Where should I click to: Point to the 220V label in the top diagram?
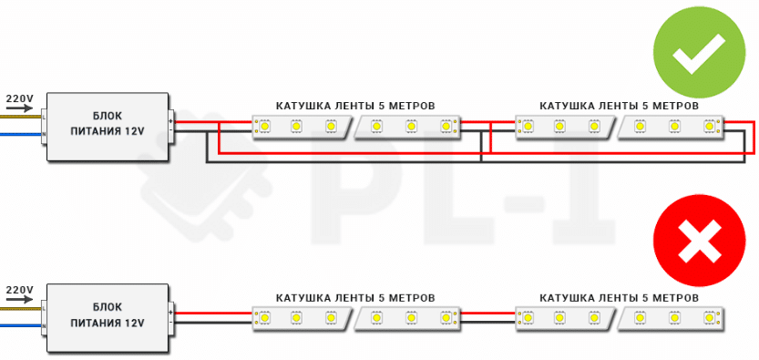point(19,98)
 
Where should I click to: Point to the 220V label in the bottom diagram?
point(19,289)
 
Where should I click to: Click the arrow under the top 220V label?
point(19,108)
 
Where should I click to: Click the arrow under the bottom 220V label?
point(19,300)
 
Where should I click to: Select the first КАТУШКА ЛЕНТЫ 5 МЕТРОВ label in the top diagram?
point(355,106)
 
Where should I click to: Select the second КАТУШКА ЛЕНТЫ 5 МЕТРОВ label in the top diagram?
point(620,106)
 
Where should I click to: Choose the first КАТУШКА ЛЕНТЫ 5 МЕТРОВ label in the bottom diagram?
point(355,298)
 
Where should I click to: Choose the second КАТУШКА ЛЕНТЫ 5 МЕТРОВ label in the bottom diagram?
point(620,298)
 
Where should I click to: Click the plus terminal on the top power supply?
point(171,121)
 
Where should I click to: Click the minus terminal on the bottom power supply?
point(171,321)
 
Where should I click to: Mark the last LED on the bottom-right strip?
point(709,318)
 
